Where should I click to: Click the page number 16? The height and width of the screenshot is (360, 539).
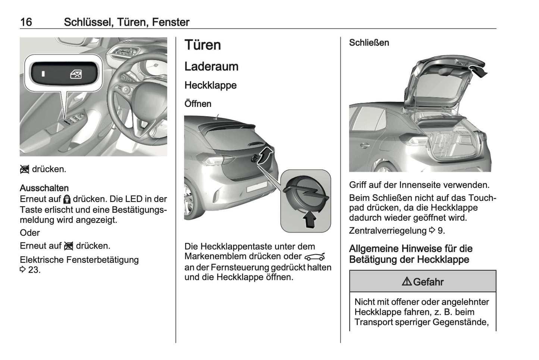coord(26,22)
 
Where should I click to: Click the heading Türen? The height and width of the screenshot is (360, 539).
coord(203,45)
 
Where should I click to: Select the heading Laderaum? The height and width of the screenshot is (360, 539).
coord(211,67)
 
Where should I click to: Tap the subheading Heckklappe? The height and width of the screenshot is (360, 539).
coord(210,85)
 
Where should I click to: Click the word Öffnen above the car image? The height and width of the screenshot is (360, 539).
coord(198,104)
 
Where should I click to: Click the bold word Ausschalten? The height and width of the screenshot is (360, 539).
coord(44,188)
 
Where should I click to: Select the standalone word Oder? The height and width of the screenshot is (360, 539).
coord(29,233)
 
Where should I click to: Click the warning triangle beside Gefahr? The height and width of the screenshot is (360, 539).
coord(407,282)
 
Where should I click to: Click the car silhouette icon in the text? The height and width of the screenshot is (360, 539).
coord(314,257)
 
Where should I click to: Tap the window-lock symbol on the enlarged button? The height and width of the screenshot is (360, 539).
coord(76,74)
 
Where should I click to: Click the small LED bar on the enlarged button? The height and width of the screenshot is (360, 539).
coord(43,74)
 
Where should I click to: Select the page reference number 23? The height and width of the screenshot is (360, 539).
coord(34,270)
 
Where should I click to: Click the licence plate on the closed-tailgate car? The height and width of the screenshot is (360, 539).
coord(257,186)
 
